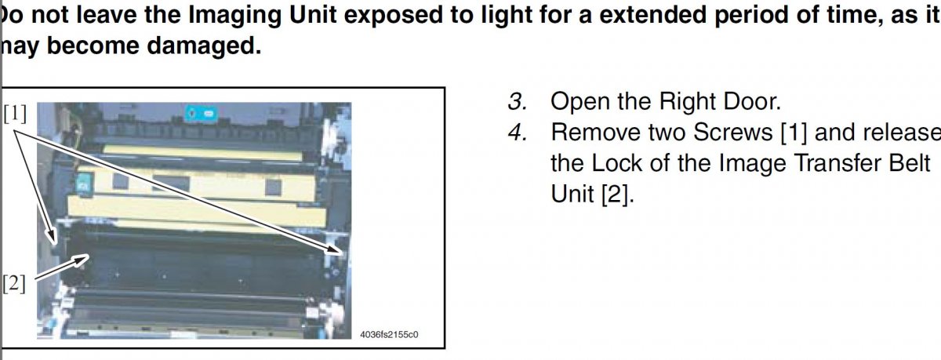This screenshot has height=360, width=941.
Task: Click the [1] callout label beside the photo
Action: click(15, 114)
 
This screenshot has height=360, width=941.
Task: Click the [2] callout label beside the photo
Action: click(14, 284)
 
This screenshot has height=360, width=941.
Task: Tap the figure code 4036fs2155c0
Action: click(389, 334)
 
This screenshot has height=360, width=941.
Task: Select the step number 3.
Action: click(518, 102)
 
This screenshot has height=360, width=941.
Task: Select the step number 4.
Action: click(518, 133)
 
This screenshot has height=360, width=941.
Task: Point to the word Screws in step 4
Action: click(732, 133)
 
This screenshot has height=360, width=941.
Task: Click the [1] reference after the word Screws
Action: click(794, 133)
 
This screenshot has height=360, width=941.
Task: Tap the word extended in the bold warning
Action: click(652, 15)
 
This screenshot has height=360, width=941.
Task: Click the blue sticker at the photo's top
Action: click(202, 114)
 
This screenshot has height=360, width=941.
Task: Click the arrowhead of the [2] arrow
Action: click(82, 258)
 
